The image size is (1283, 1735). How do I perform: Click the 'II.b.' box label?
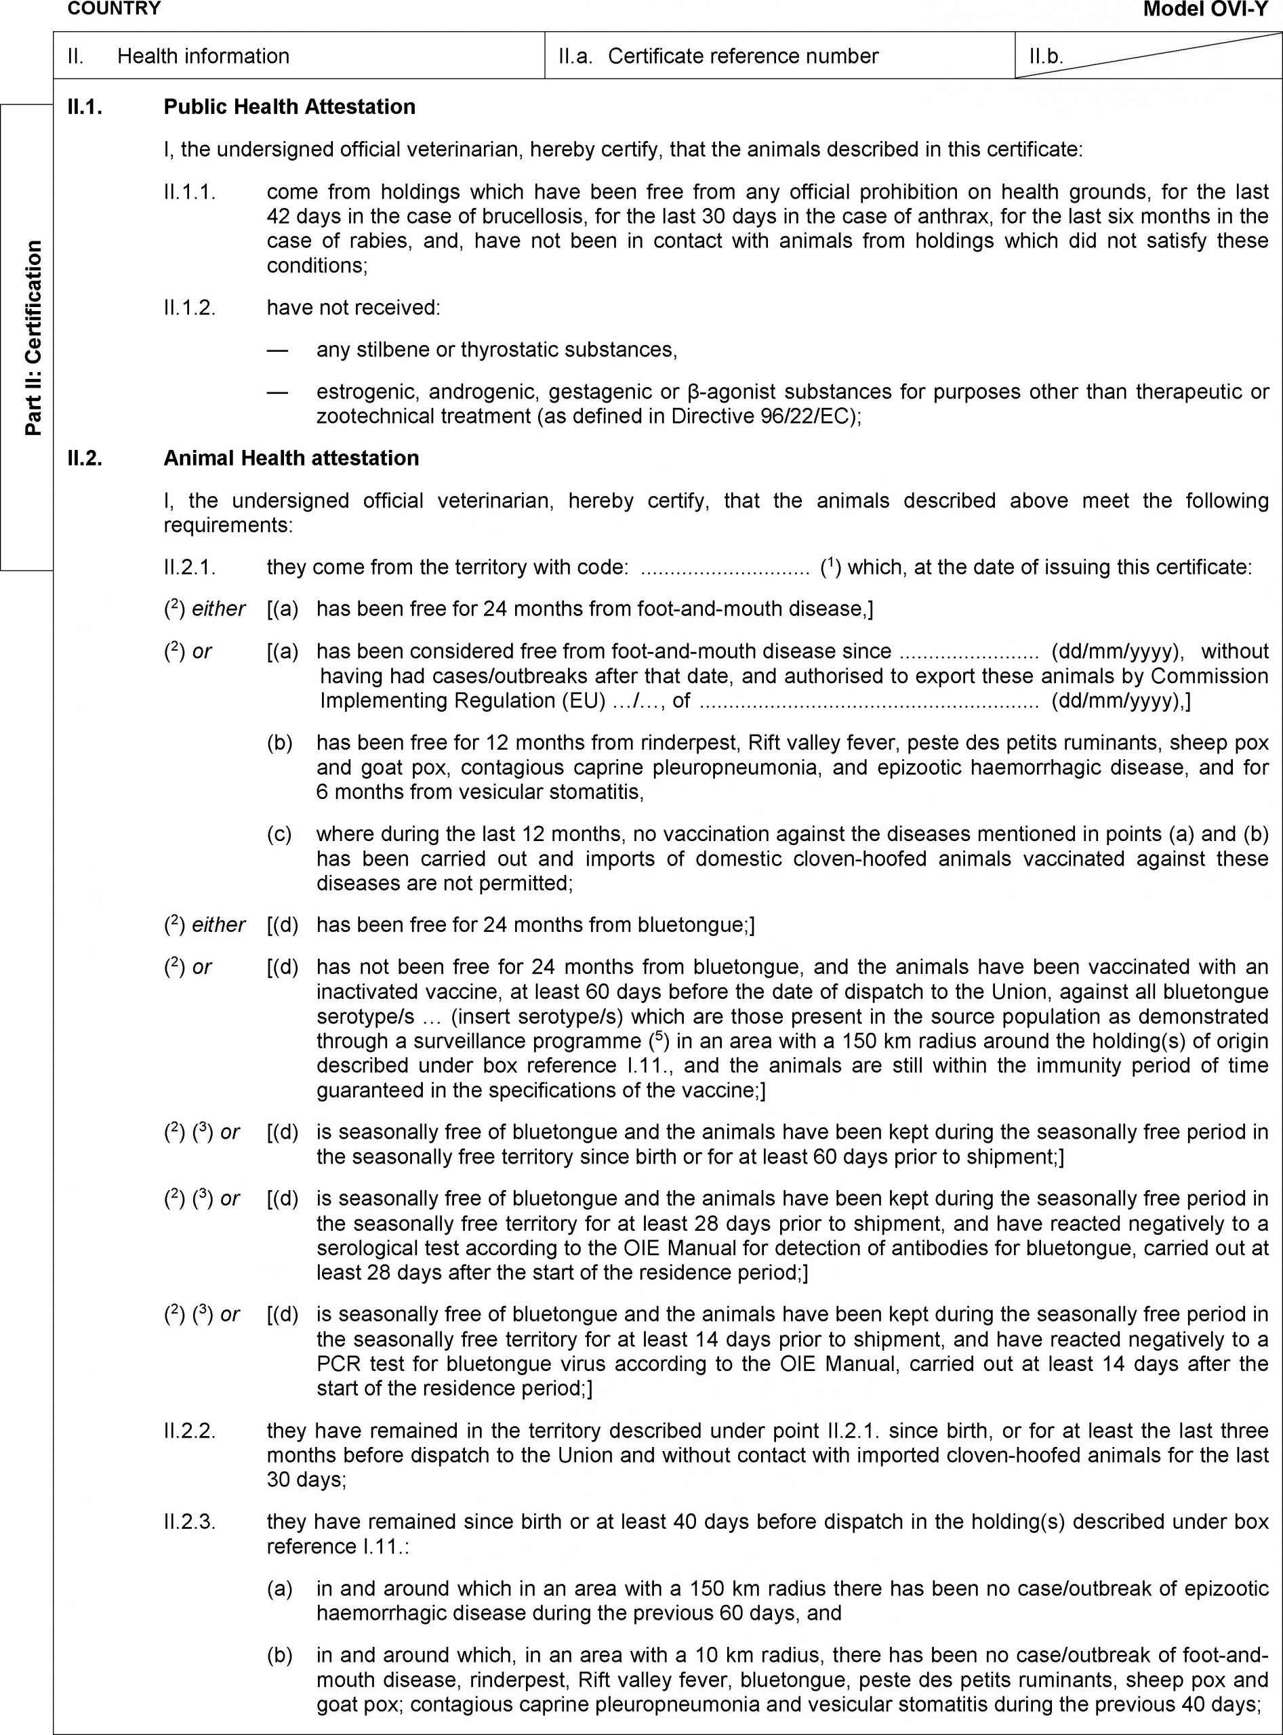pos(1045,57)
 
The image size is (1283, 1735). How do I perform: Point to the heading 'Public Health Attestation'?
pos(289,106)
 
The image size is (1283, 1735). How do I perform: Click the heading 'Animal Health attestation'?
pos(291,458)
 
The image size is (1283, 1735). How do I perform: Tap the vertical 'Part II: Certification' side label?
pos(33,338)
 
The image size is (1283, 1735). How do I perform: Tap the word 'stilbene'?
pos(395,350)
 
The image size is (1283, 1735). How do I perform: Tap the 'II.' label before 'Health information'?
pos(75,56)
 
